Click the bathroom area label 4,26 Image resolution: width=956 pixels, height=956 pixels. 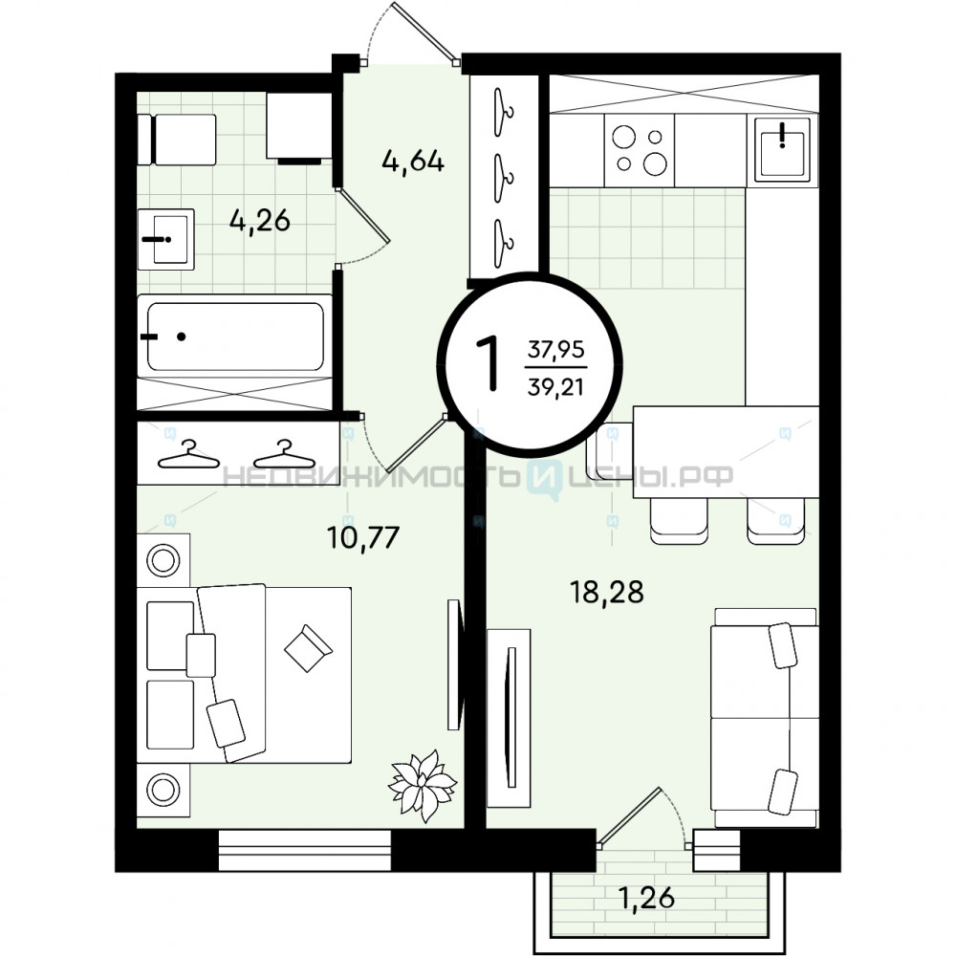260,221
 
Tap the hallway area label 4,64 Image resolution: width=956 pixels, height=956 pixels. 413,162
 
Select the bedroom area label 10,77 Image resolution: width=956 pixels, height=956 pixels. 362,537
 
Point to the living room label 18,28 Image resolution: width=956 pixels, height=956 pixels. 607,592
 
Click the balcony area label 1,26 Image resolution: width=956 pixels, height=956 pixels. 646,898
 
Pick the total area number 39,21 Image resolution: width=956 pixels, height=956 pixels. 555,387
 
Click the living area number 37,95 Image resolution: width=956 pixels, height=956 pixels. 556,350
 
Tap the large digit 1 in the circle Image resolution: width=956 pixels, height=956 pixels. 488,364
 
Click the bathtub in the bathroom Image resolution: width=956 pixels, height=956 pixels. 235,336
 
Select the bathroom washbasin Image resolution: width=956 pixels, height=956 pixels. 165,239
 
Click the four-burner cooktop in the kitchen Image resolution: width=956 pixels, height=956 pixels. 639,151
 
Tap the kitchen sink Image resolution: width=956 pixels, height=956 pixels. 783,149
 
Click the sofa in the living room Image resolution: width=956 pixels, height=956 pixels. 765,718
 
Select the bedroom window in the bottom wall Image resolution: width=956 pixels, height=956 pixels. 304,850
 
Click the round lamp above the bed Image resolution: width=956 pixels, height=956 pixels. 163,560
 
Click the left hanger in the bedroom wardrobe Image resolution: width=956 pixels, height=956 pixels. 189,455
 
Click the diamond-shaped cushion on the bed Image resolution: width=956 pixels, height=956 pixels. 309,648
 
